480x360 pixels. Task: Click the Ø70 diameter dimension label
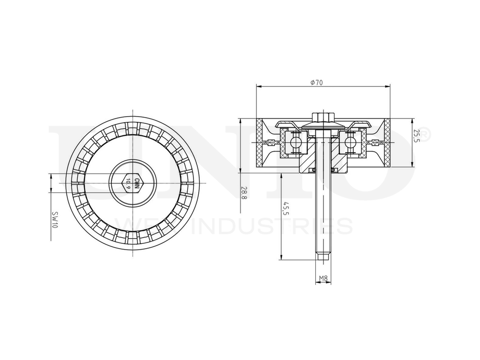coord(316,83)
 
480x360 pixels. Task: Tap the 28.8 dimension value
coord(244,193)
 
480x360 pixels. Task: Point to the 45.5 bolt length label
coord(286,209)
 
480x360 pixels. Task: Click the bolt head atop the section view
coord(323,117)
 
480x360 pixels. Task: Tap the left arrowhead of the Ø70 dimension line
coord(259,87)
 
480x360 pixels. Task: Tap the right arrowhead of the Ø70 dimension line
coord(387,87)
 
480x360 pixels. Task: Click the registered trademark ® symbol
coord(425,135)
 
